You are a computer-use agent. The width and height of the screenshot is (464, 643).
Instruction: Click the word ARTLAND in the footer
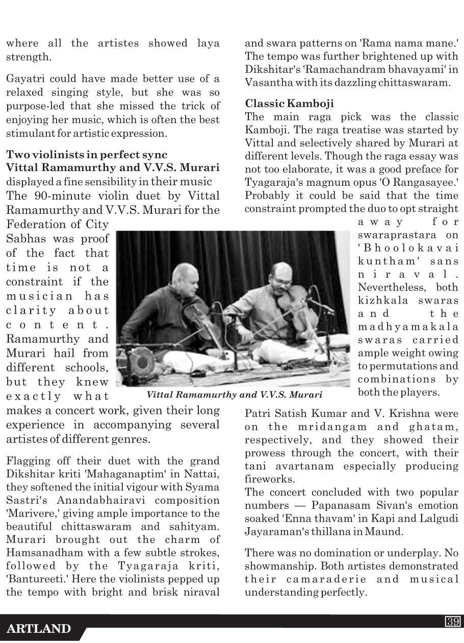point(38,629)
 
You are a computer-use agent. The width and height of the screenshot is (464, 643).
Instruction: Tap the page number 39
point(453,621)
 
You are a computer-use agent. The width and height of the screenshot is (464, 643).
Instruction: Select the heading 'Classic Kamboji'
point(289,104)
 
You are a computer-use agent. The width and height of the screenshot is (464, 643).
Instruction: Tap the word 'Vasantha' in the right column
point(267,82)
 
